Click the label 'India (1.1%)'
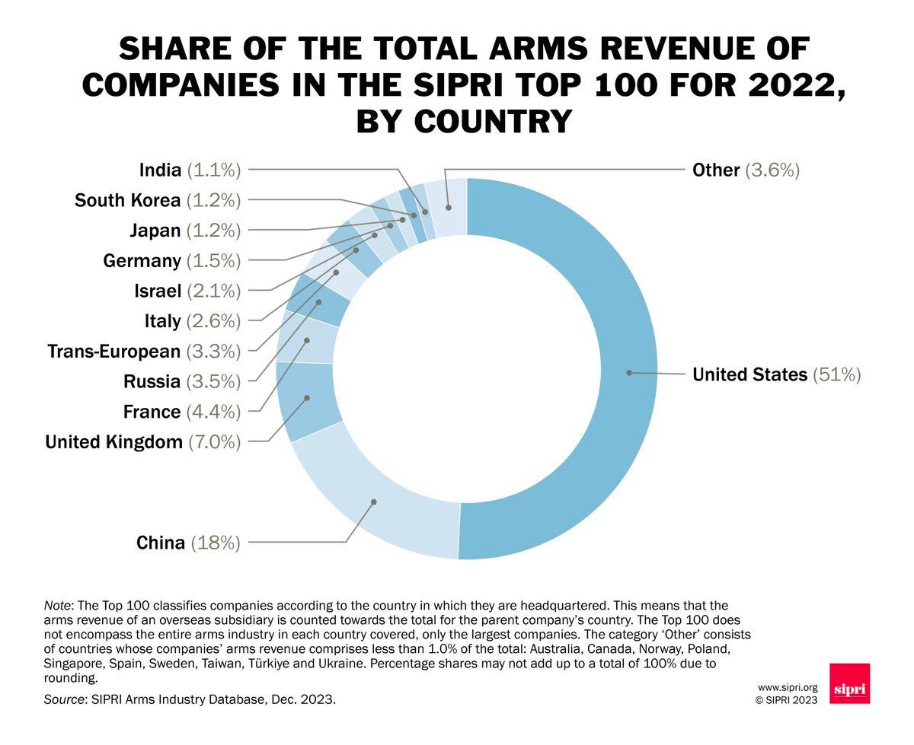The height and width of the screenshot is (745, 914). tap(190, 170)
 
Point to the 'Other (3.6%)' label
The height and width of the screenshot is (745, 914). tap(745, 170)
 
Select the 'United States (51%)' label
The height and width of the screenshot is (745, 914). tap(775, 374)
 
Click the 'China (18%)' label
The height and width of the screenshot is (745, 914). tap(188, 543)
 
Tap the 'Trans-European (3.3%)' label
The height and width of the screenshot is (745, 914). tap(144, 352)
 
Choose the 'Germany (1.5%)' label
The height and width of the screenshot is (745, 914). tap(172, 261)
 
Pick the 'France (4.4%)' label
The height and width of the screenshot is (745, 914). tap(182, 412)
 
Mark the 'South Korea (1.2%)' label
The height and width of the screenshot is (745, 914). tap(158, 200)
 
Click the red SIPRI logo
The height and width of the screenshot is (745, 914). tap(849, 683)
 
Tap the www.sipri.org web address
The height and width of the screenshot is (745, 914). tap(787, 686)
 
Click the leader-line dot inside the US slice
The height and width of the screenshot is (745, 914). tap(628, 372)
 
